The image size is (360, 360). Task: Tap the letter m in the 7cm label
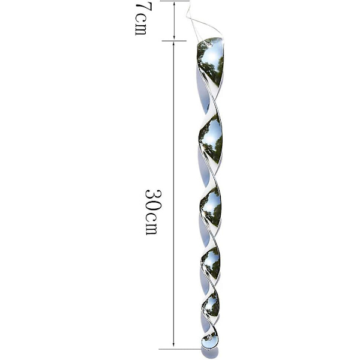pyautogui.click(x=140, y=29)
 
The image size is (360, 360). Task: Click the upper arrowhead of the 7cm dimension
pyautogui.click(x=174, y=4)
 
